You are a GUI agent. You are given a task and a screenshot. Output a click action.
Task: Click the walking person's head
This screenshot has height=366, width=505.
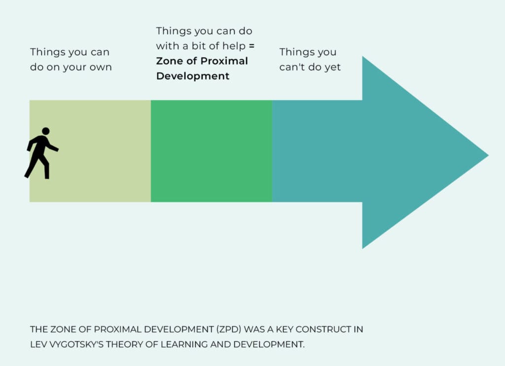pyautogui.click(x=46, y=131)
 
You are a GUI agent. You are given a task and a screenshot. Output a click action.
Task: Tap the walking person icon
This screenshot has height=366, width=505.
pyautogui.click(x=41, y=153)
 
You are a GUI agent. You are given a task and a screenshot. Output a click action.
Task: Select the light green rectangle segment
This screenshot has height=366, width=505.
pyautogui.click(x=90, y=151)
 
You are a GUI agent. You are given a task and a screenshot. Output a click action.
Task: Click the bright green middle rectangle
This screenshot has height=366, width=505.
pyautogui.click(x=211, y=151)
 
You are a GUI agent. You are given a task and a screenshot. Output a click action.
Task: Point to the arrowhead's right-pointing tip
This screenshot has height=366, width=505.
pyautogui.click(x=488, y=155)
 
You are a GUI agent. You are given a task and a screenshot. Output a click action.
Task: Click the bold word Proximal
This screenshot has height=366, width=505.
pyautogui.click(x=224, y=61)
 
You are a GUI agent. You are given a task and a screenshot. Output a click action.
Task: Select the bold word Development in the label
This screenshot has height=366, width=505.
pyautogui.click(x=193, y=76)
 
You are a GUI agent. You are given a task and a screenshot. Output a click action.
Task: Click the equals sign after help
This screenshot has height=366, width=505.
pyautogui.click(x=252, y=46)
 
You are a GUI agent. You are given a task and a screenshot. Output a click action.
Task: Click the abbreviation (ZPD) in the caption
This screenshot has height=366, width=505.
pyautogui.click(x=229, y=329)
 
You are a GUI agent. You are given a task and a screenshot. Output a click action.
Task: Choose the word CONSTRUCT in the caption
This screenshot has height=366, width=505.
pyautogui.click(x=324, y=329)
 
